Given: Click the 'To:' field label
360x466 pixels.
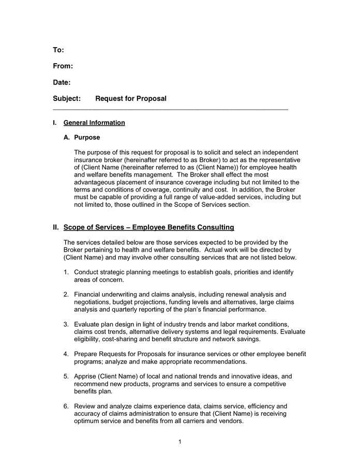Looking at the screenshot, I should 58,50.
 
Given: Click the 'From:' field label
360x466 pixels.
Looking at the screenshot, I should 63,66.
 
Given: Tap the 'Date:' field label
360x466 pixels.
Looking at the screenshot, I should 62,82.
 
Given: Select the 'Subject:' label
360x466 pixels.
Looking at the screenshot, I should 67,98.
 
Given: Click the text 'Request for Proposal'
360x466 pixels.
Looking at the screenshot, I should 131,98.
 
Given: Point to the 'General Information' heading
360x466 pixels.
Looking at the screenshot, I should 94,123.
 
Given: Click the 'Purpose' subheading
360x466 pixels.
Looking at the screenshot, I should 87,138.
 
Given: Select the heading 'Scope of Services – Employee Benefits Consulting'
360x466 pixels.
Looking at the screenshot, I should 148,227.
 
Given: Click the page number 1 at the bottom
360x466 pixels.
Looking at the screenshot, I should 179,442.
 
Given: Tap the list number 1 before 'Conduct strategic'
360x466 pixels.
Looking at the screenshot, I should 66,272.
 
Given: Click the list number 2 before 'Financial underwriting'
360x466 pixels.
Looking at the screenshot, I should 66,295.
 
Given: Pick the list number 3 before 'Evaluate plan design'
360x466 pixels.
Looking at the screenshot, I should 66,324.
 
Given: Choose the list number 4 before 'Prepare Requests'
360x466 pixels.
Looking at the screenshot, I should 66,354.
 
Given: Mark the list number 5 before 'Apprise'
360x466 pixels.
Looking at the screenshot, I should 66,376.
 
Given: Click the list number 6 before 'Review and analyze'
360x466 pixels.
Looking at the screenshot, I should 66,406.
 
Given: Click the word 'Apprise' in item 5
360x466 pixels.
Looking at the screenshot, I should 86,376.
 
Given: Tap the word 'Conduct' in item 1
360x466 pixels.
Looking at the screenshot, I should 87,272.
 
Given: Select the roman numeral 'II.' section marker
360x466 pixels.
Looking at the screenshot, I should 56,227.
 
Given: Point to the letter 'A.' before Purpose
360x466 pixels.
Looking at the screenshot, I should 67,138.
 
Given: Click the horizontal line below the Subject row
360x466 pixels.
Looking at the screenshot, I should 171,110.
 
